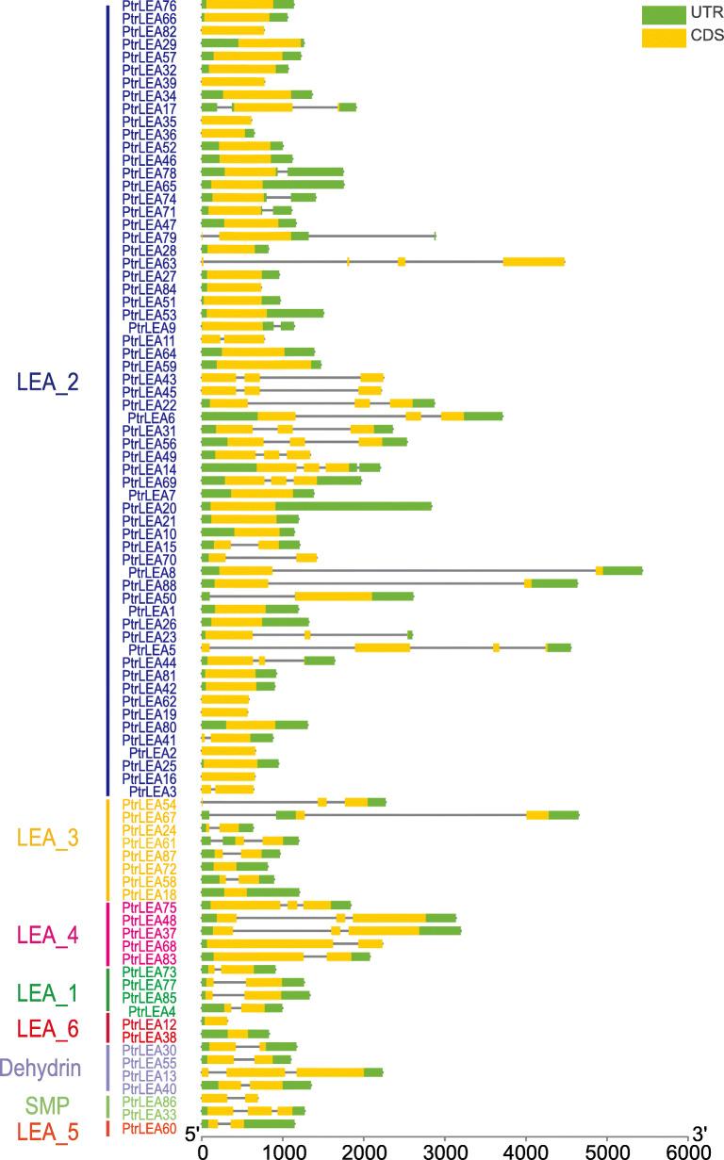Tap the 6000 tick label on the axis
point(687,1152)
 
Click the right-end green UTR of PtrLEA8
point(622,571)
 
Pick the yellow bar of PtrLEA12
point(216,1021)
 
